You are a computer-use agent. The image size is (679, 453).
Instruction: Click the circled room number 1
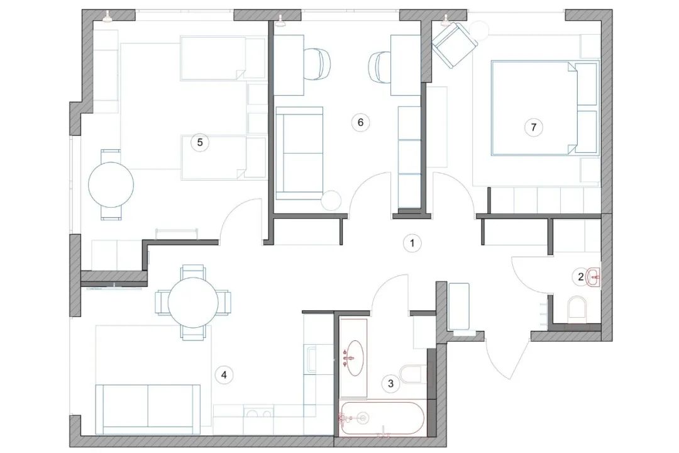tap(412, 242)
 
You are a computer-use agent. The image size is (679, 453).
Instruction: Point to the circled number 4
tap(223, 376)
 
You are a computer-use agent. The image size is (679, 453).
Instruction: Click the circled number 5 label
tap(200, 142)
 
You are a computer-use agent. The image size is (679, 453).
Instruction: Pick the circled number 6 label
tap(360, 122)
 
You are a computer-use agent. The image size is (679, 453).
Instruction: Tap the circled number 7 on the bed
tap(533, 127)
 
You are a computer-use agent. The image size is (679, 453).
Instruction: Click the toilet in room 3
tap(413, 374)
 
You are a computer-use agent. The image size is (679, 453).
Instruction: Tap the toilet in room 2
tap(576, 310)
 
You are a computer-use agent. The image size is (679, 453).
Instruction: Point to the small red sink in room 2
tap(593, 276)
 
